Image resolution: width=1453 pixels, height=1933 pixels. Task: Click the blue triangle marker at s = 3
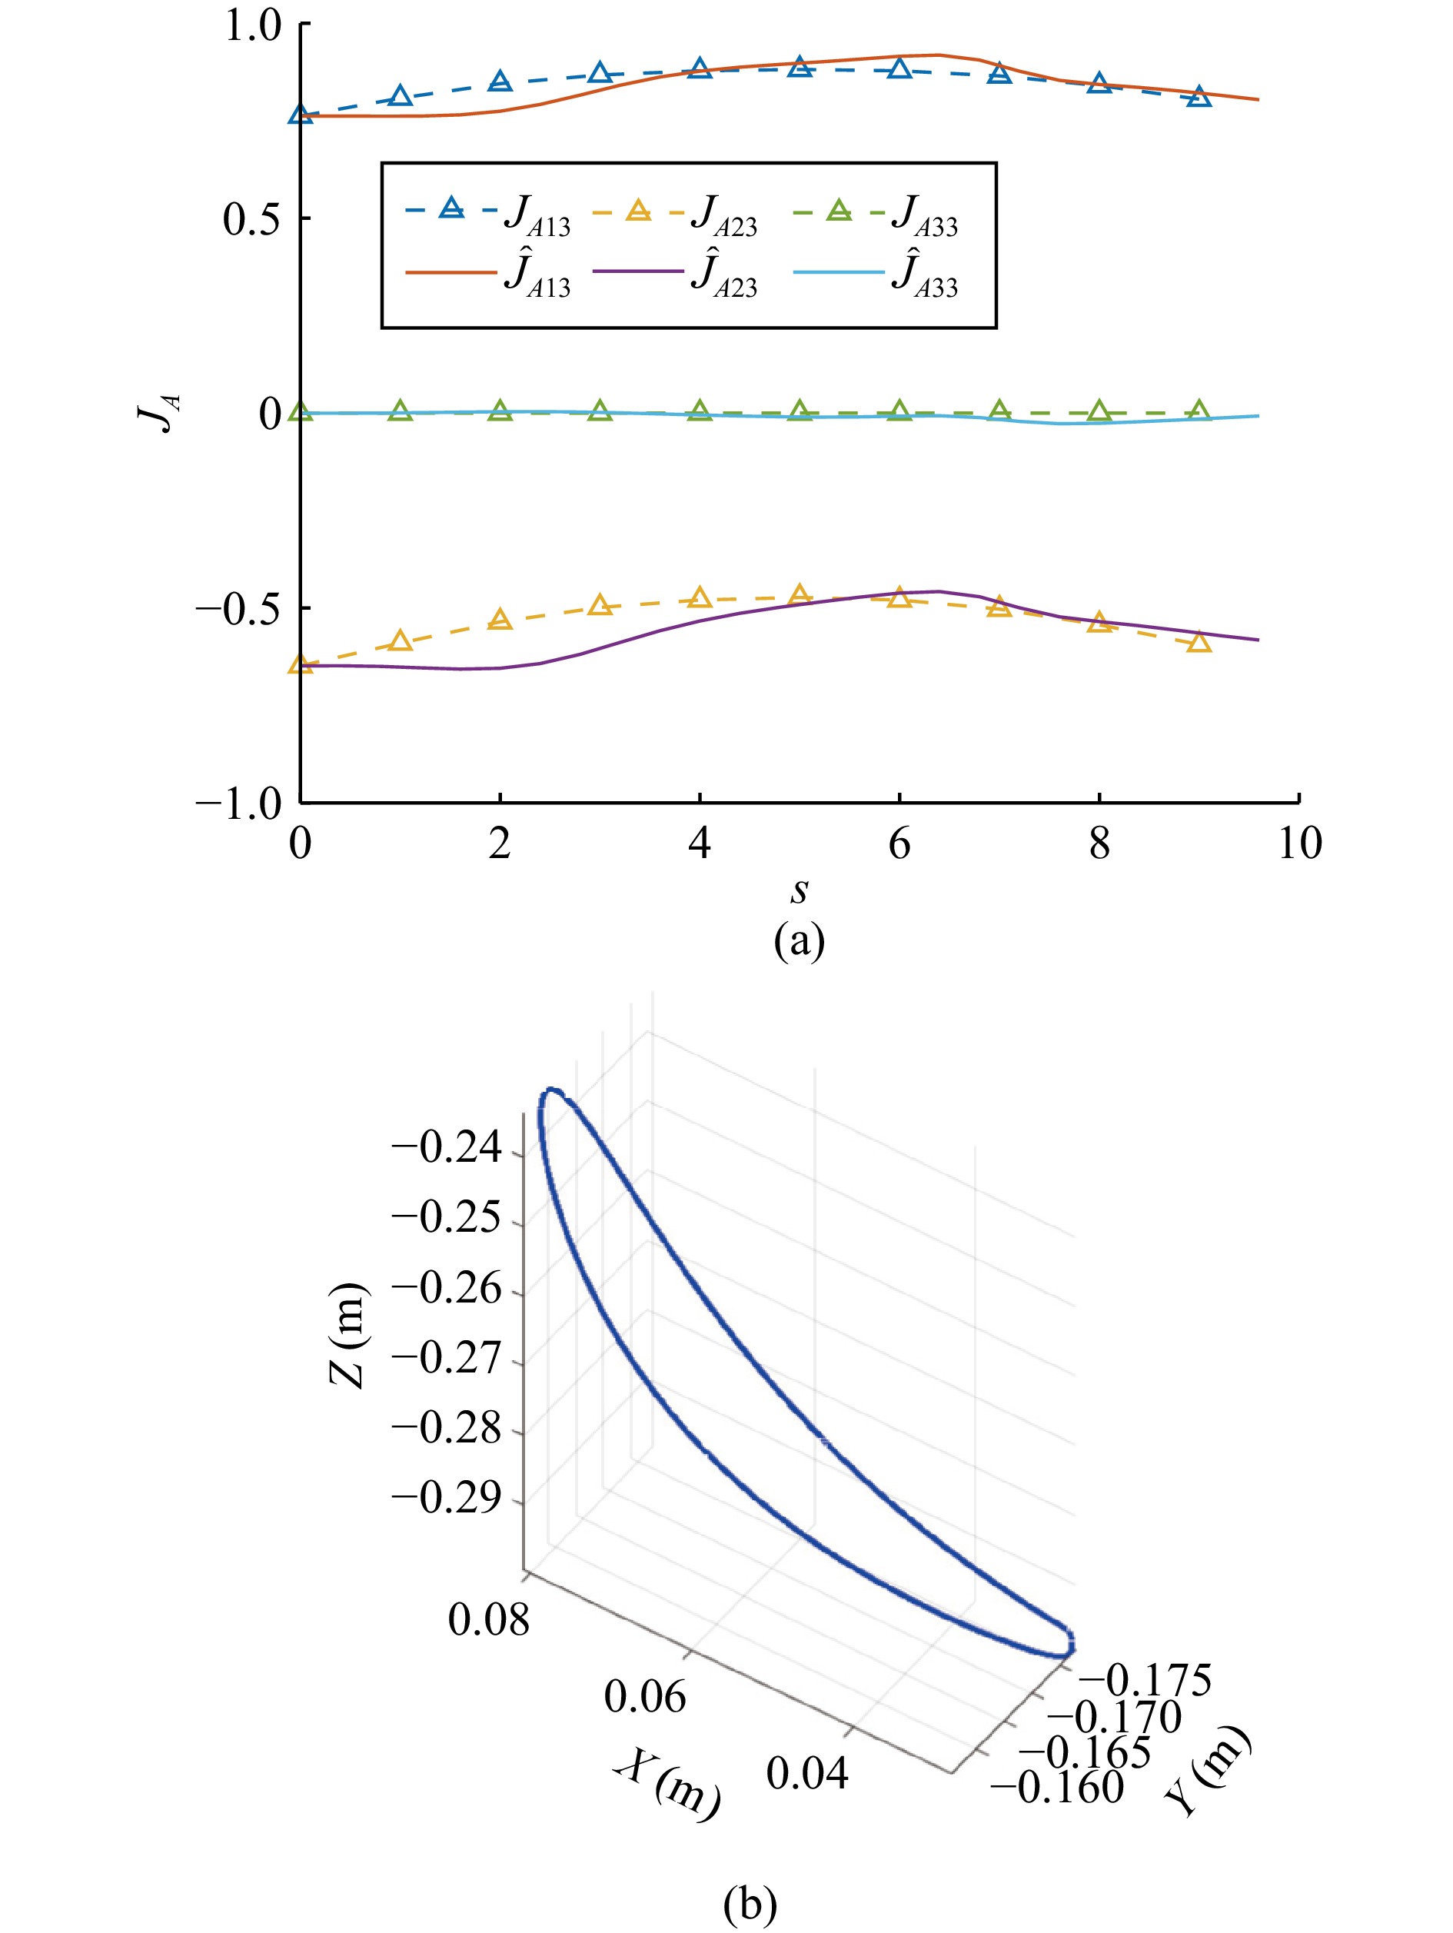tap(600, 73)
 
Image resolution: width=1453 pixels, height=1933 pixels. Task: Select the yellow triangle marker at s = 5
tap(800, 595)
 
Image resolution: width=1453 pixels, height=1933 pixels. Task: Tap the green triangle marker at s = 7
tap(999, 411)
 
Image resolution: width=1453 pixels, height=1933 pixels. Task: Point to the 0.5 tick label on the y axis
tap(251, 218)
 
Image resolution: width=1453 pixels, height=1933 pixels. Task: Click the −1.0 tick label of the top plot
tap(238, 803)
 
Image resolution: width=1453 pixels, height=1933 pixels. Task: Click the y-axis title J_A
tap(161, 412)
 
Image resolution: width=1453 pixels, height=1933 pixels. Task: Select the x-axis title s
tap(799, 890)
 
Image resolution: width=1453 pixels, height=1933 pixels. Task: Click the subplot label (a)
tap(799, 941)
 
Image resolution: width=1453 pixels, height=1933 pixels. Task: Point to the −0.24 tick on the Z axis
tap(447, 1147)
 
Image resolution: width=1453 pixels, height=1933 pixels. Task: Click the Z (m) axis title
tap(347, 1336)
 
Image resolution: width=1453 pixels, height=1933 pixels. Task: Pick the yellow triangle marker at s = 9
tap(1199, 643)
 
